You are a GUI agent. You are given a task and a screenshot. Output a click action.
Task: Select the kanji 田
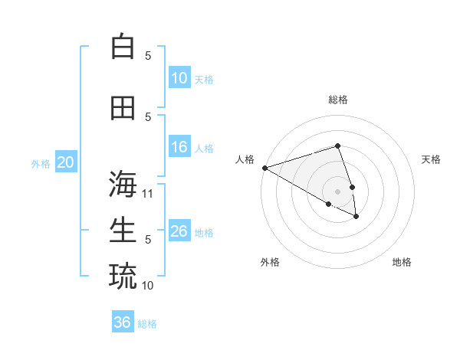[x=123, y=108]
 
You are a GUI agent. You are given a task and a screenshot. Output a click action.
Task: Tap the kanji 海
[x=123, y=185]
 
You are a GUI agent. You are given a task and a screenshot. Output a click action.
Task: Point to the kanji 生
[x=123, y=230]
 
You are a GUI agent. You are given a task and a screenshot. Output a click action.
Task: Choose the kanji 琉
[x=123, y=276]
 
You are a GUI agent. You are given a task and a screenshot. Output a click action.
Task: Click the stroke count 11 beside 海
[x=148, y=194]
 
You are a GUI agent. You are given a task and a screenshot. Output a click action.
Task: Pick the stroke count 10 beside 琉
[x=148, y=285]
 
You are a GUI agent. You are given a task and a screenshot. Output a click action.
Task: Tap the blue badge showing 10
[x=179, y=78]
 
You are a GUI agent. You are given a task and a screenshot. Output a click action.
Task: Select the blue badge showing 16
[x=179, y=147]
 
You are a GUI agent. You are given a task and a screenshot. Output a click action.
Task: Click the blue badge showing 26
[x=179, y=231]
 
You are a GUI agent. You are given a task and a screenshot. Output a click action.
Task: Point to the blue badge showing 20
[x=66, y=162]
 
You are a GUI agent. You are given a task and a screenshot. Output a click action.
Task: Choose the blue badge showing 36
[x=123, y=322]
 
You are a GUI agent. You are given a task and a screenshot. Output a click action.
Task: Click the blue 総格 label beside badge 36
[x=147, y=324]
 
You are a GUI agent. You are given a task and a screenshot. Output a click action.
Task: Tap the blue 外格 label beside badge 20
[x=41, y=163]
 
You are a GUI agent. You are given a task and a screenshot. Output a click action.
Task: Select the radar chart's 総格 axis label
[x=338, y=100]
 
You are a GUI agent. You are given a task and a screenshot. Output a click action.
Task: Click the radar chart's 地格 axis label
[x=402, y=262]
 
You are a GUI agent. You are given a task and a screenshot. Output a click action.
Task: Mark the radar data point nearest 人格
[x=264, y=168]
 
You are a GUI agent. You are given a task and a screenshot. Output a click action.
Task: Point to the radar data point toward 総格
[x=337, y=146]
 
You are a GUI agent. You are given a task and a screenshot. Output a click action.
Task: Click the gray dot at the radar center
[x=337, y=191]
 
